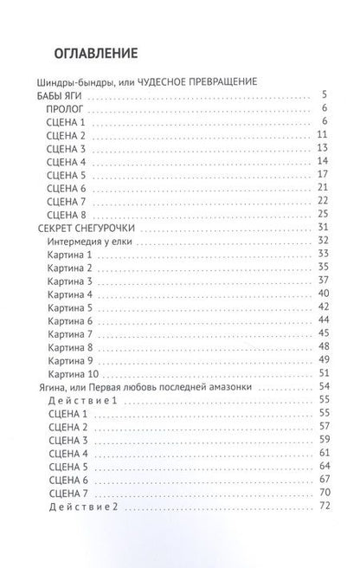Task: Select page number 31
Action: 325,227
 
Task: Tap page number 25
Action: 325,213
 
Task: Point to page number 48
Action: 325,345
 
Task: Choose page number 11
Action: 325,135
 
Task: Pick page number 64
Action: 325,465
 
